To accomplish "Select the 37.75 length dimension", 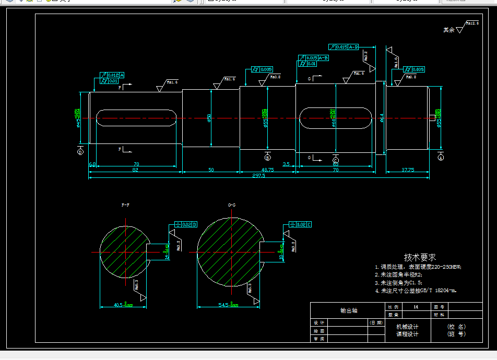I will click(407, 170).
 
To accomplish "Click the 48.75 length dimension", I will click(267, 170).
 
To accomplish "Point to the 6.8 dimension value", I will click(92, 164).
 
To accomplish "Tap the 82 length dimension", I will click(135, 170).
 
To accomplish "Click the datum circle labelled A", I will click(441, 157).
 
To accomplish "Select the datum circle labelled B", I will click(268, 157).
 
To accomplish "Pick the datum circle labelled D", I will click(80, 152).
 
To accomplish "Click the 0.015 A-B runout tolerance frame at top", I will click(345, 47).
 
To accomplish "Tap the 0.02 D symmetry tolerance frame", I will click(186, 224).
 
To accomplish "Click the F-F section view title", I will click(125, 206).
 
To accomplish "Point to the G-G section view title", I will click(232, 206).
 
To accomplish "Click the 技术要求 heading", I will click(420, 257).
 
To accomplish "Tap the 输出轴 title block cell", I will click(348, 310).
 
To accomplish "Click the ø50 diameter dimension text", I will click(209, 118).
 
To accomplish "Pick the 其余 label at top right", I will click(448, 30).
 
